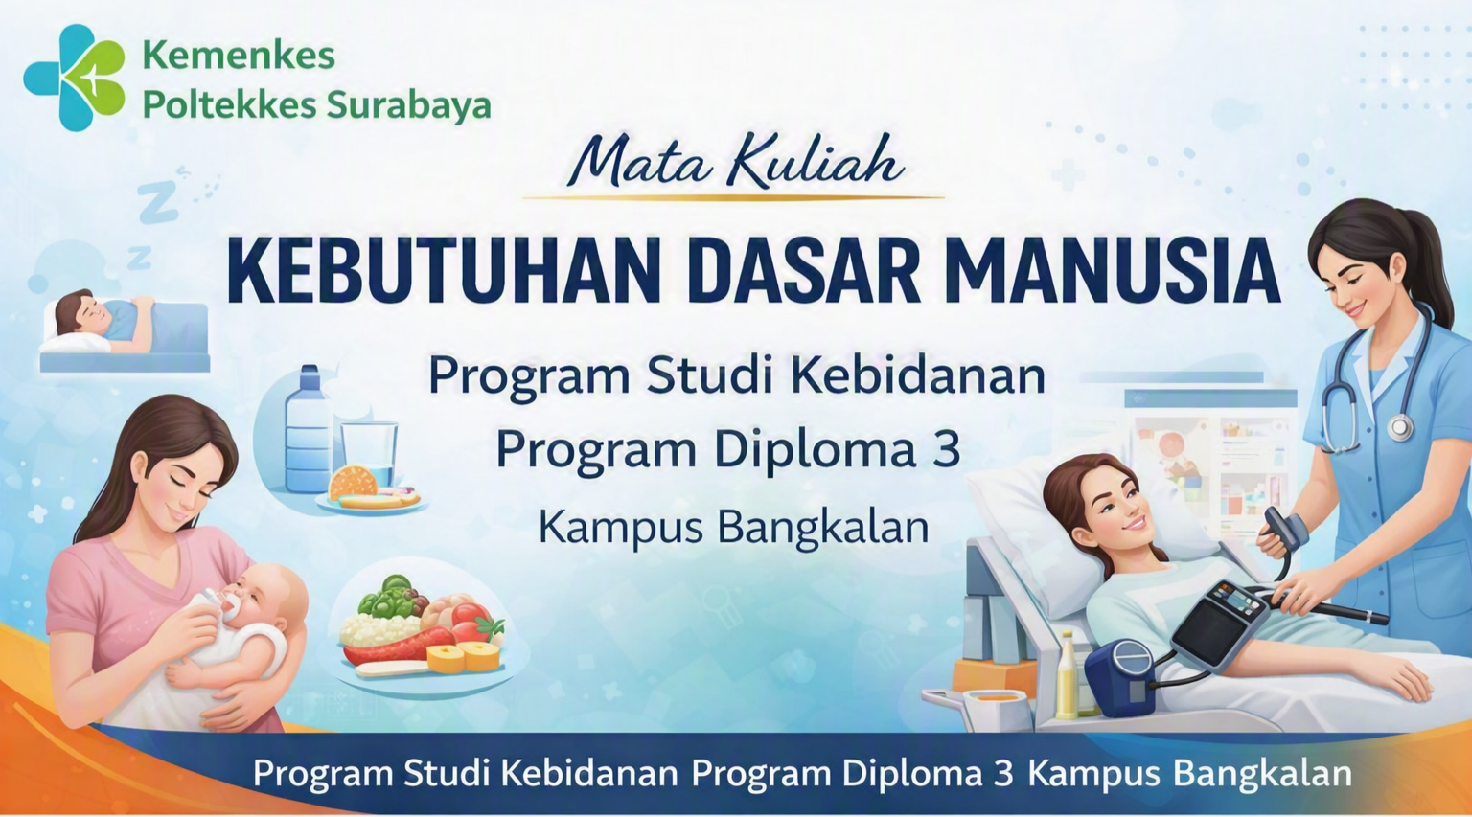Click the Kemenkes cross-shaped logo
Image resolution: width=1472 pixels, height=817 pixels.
point(74,78)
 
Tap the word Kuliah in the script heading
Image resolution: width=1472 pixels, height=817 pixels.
point(815,161)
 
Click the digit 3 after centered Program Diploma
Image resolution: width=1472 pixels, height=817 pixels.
point(944,449)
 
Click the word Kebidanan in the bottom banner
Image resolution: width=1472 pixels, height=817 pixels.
point(589,773)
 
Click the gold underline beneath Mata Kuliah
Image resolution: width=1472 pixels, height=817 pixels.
point(733,196)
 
